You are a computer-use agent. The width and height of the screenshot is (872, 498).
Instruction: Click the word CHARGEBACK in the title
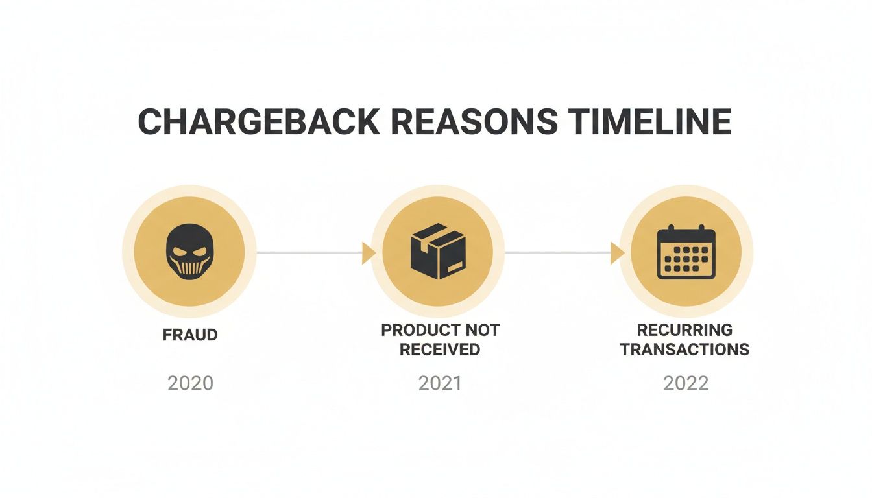[259, 122]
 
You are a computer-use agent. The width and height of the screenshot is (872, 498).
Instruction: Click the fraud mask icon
[189, 252]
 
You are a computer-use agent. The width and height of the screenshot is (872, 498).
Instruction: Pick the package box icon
[438, 252]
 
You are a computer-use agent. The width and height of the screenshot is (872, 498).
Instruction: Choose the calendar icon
[686, 252]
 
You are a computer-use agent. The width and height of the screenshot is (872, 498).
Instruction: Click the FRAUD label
[190, 335]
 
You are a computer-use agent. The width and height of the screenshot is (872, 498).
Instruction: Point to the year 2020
[190, 383]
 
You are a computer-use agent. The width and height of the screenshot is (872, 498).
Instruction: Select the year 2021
[439, 383]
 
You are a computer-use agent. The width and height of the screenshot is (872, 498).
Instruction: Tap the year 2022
[686, 383]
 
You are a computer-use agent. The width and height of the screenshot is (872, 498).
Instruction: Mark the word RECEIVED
[439, 350]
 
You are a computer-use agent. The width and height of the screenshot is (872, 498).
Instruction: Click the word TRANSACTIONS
[684, 350]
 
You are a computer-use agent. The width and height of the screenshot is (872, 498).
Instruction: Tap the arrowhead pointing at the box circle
[368, 253]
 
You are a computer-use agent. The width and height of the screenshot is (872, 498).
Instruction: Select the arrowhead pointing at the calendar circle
[616, 253]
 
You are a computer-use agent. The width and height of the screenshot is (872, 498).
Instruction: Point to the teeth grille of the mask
[189, 267]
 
